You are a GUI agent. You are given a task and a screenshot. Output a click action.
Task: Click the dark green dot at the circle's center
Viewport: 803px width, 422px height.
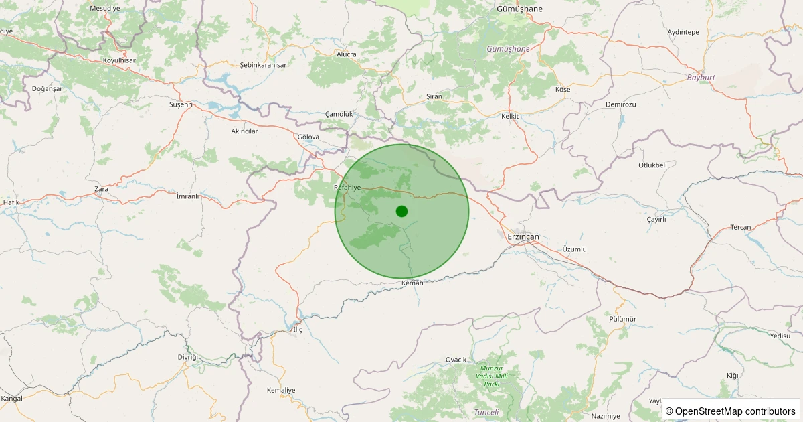click(401, 211)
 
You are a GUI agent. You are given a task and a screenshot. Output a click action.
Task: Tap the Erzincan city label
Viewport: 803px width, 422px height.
click(523, 237)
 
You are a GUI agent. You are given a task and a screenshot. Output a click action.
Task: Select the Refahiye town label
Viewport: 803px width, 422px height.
click(347, 188)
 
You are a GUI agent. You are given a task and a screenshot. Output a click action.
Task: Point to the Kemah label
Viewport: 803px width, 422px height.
click(412, 283)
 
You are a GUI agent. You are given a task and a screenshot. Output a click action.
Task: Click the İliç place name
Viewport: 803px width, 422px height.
click(298, 330)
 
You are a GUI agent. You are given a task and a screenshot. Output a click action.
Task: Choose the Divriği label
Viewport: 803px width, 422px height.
click(188, 357)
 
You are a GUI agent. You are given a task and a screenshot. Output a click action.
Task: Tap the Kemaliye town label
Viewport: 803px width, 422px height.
click(281, 390)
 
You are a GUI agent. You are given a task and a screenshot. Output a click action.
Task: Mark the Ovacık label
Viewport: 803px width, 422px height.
click(456, 360)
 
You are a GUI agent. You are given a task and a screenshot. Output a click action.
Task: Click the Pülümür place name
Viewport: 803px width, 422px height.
click(623, 319)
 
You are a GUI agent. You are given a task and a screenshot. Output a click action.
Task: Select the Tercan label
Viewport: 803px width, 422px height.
click(741, 227)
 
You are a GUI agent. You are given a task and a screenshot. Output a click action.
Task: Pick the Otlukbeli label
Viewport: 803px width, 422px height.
click(652, 165)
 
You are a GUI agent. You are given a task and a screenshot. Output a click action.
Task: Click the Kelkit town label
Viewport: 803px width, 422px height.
click(510, 116)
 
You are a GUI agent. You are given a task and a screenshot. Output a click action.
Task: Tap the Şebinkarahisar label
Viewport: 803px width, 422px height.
click(263, 65)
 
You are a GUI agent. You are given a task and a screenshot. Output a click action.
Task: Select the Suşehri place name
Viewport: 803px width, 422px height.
click(181, 104)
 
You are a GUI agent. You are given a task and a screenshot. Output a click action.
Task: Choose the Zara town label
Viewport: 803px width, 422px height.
click(101, 189)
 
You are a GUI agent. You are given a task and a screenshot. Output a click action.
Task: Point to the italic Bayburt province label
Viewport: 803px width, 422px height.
click(701, 78)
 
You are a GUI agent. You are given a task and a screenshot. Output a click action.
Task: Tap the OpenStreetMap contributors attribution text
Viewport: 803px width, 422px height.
click(730, 411)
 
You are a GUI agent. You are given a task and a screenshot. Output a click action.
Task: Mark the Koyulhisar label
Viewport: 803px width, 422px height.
click(119, 60)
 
